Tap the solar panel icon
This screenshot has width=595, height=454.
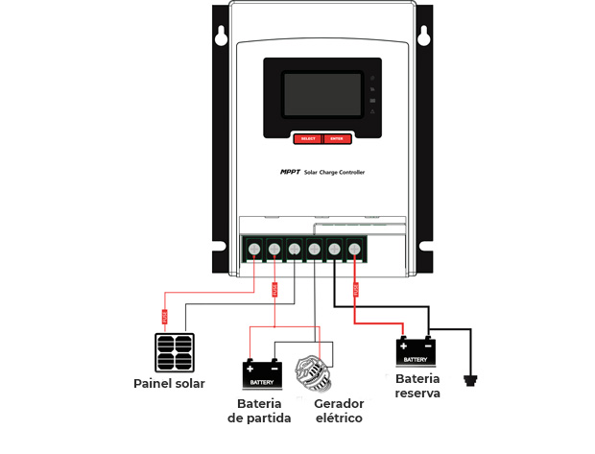tap(177, 352)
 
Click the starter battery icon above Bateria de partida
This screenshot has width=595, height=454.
tap(261, 373)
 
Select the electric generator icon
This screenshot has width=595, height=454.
tap(315, 372)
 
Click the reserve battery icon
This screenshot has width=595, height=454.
tap(416, 352)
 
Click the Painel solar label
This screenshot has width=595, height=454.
tap(169, 384)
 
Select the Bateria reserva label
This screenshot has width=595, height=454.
tap(417, 386)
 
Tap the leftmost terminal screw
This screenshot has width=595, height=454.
tap(253, 250)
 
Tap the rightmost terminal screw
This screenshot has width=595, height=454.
tap(354, 250)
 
